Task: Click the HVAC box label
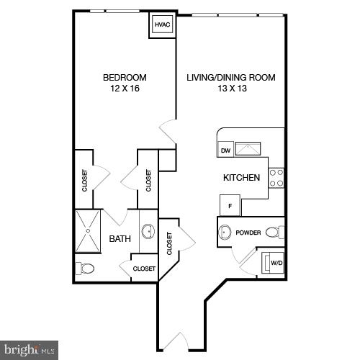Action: tap(161, 24)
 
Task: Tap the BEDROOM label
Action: tap(125, 78)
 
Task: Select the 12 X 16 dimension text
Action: tap(125, 89)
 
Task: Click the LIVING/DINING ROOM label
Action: tap(231, 78)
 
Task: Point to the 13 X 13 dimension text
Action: tap(231, 89)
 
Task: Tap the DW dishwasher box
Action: tap(225, 150)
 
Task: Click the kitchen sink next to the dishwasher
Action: tap(250, 149)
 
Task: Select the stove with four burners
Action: tap(276, 177)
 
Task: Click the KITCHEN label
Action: tap(241, 177)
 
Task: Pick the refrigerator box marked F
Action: tap(230, 205)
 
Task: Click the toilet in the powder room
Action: tap(274, 232)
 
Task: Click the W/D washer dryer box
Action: tap(276, 263)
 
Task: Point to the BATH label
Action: tap(120, 238)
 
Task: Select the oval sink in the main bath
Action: tap(148, 232)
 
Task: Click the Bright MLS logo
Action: tap(29, 351)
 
